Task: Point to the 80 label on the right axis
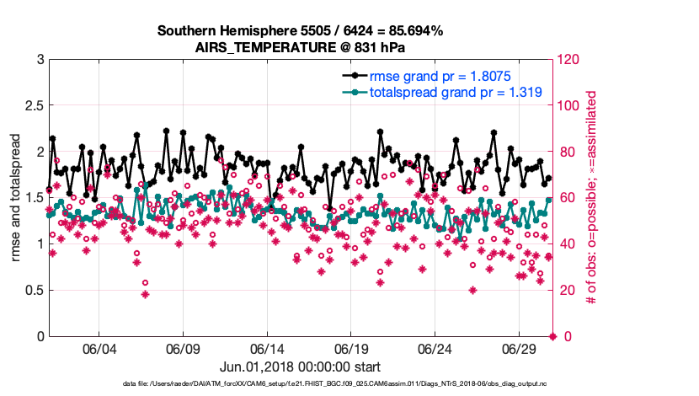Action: [x=567, y=152]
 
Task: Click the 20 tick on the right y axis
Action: [x=567, y=291]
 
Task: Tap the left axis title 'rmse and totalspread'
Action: [x=16, y=197]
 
